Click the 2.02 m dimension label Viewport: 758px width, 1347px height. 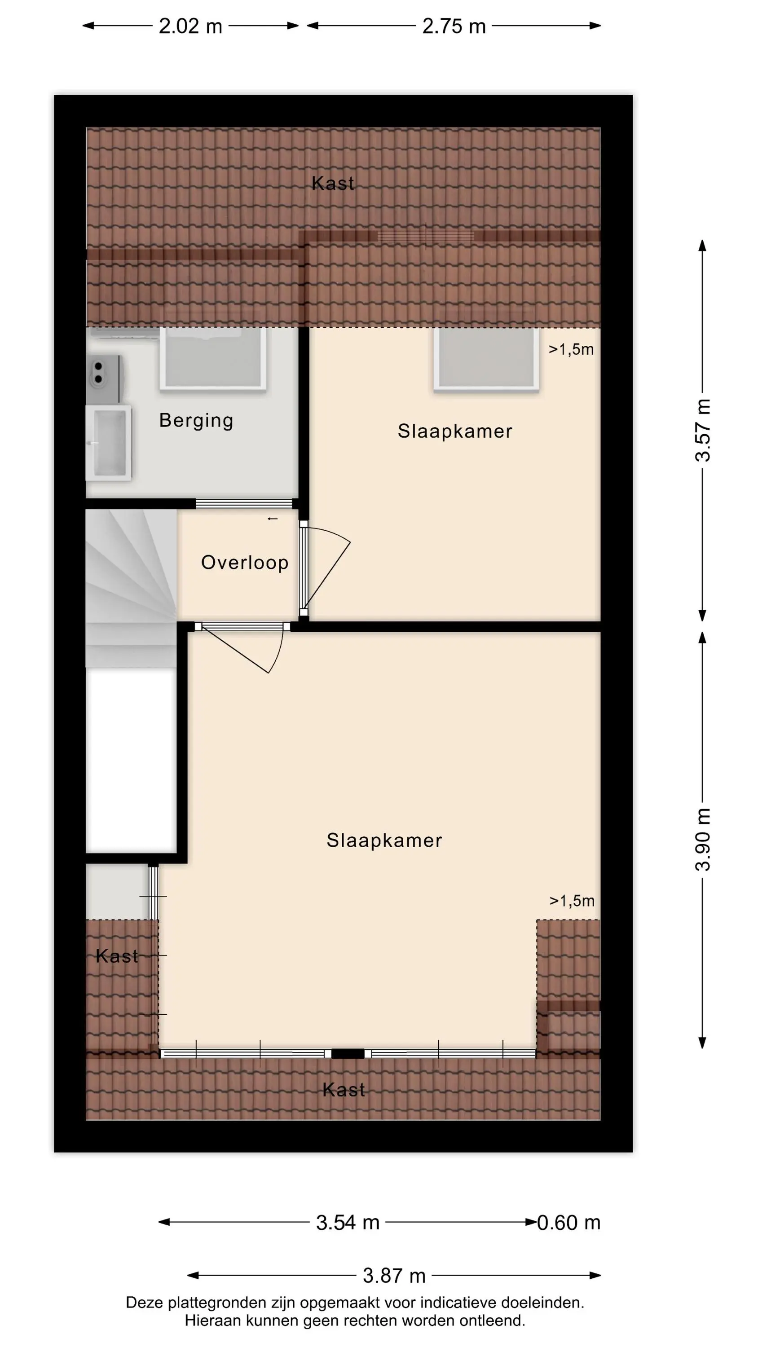[190, 26]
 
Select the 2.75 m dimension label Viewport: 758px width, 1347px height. [454, 26]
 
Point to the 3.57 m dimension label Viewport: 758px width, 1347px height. [703, 430]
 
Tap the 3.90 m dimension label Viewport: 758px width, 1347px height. [703, 839]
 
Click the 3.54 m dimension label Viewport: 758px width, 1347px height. [348, 1223]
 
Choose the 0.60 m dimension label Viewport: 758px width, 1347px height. [569, 1223]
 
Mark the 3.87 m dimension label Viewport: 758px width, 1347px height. [394, 1276]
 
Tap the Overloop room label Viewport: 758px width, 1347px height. [245, 563]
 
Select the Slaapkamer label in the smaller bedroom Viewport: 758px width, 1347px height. [455, 431]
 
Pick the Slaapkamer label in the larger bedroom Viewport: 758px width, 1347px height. [384, 841]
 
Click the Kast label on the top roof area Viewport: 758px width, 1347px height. [333, 184]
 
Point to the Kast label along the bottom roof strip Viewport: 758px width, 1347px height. [344, 1090]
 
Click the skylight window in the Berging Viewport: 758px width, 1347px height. [213, 359]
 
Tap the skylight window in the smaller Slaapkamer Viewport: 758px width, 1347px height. [486, 359]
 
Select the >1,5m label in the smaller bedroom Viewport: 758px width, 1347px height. [571, 349]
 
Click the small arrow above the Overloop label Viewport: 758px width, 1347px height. [273, 519]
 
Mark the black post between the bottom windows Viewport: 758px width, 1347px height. [348, 1054]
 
